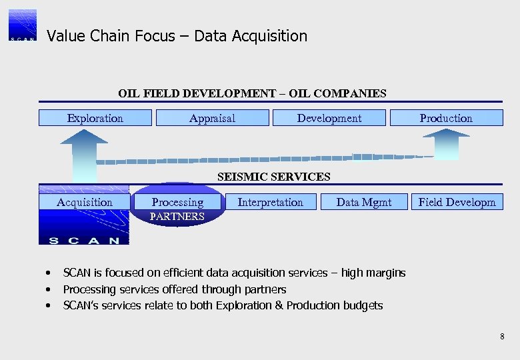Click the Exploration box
[x=95, y=118]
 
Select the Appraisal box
[x=212, y=118]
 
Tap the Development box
[x=329, y=118]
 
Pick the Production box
[x=445, y=118]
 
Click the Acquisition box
[x=84, y=202]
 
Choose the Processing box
[x=177, y=202]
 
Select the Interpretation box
[x=270, y=202]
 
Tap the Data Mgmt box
[x=363, y=202]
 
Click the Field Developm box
[x=457, y=202]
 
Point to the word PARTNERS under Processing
[x=177, y=217]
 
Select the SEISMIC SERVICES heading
[x=273, y=177]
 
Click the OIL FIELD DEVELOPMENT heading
[x=252, y=93]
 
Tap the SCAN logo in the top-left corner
[x=23, y=25]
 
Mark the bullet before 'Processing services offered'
[x=49, y=289]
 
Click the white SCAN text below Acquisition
[x=84, y=240]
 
